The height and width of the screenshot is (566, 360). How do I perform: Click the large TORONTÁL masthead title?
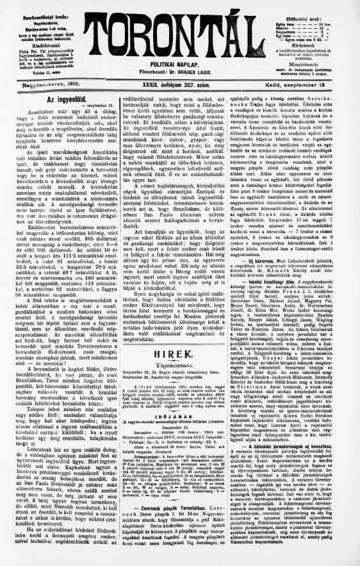click(x=179, y=32)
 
